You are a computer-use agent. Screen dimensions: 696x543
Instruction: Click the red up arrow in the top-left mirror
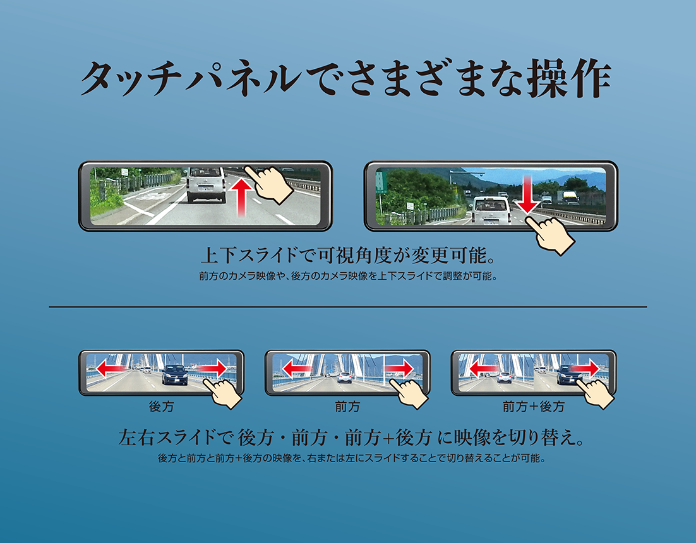(x=241, y=196)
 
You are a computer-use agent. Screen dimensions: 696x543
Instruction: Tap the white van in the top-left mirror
(x=205, y=184)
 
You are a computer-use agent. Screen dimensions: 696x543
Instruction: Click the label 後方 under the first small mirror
(x=161, y=406)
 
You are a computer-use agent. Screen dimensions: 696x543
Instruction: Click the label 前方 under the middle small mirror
(x=347, y=406)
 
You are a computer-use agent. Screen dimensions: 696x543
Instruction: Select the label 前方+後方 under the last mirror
(x=533, y=406)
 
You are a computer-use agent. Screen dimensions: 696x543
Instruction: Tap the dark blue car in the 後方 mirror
(x=174, y=374)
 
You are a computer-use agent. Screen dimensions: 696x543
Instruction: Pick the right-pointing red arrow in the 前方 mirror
(x=399, y=369)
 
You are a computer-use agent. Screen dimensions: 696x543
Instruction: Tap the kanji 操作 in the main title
(x=569, y=78)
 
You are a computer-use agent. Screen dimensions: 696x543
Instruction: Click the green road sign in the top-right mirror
(x=380, y=182)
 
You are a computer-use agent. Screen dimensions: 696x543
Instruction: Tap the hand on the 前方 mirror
(x=409, y=392)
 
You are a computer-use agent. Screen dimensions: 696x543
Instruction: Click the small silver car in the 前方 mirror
(x=344, y=378)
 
